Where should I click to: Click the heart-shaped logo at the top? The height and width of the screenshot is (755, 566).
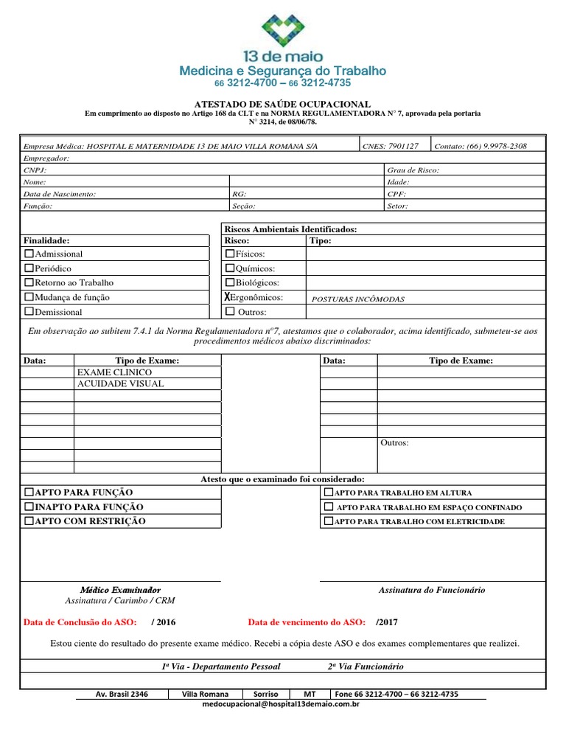tap(283, 31)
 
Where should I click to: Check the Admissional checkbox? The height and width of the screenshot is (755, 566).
tap(29, 254)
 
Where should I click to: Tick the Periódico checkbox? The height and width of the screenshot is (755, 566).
tap(29, 268)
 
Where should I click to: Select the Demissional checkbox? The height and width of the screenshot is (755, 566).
tap(29, 312)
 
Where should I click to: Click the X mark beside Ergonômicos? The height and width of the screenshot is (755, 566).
tap(228, 297)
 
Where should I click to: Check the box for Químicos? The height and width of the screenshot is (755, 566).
tap(229, 268)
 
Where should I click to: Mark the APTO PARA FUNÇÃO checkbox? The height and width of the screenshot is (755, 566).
tap(29, 493)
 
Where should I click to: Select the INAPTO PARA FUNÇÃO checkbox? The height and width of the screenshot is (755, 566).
tap(29, 507)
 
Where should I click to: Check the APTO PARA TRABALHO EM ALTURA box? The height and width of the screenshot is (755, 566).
tap(329, 493)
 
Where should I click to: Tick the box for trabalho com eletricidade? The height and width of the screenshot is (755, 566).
tap(329, 521)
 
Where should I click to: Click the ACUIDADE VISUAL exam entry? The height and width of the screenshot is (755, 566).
tap(120, 384)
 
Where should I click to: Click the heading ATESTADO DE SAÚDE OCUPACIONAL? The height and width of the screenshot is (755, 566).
tap(282, 105)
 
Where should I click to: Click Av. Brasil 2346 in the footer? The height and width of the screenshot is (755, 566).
tap(122, 694)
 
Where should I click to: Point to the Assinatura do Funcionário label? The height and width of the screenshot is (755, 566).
tap(432, 590)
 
